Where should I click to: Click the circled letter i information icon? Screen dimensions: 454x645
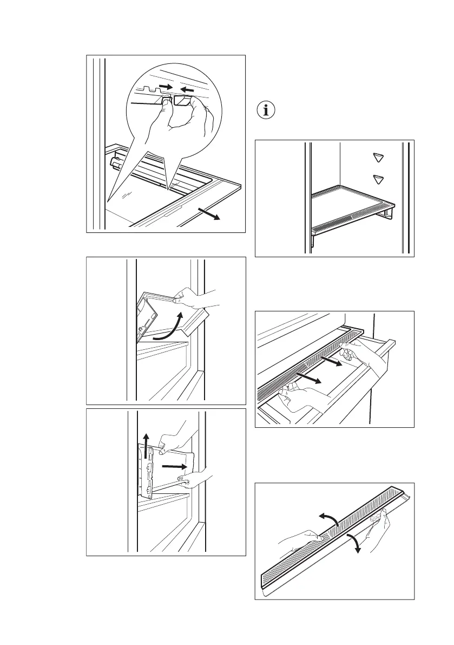tap(265, 110)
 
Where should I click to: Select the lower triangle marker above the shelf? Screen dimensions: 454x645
tap(378, 179)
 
